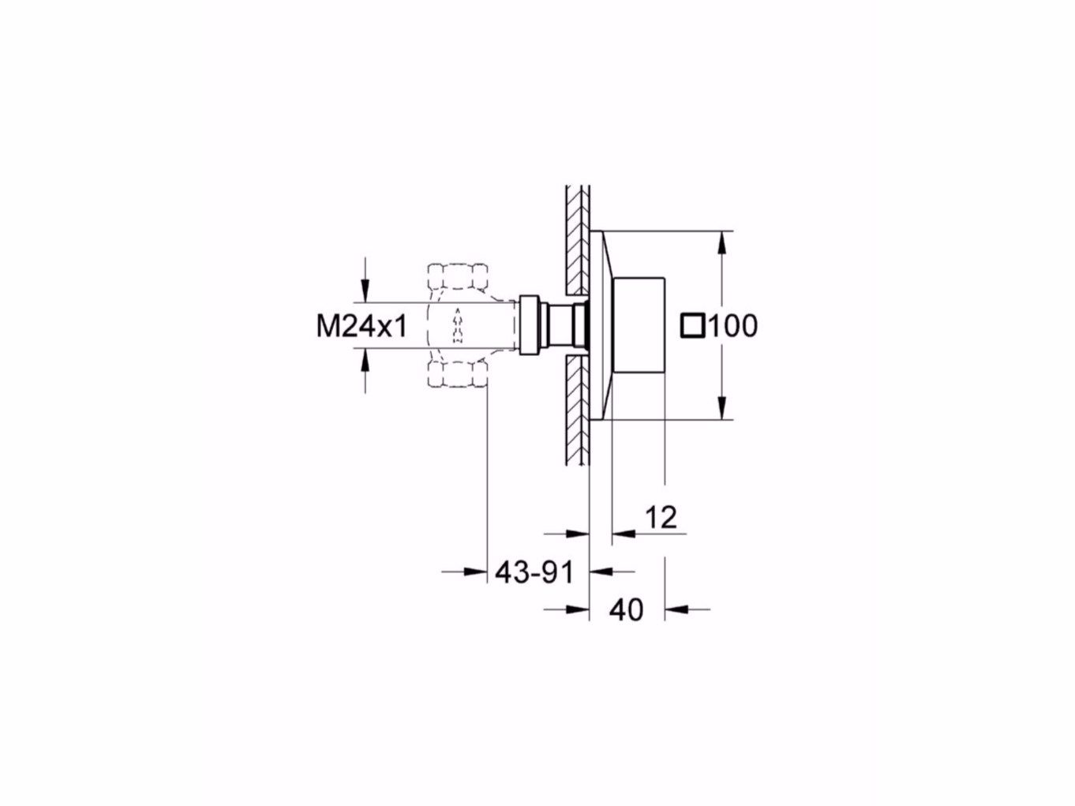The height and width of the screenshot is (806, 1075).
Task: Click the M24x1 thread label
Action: (x=361, y=325)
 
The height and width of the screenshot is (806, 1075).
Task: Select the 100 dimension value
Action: (x=732, y=325)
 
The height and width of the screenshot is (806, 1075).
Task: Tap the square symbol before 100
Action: (x=692, y=325)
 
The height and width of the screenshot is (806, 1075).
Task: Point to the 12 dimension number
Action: (x=661, y=518)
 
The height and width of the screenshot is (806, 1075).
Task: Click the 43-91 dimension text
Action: (x=534, y=572)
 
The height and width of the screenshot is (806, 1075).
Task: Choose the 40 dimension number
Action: (x=627, y=609)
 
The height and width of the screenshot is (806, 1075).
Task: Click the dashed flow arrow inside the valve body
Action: (x=456, y=326)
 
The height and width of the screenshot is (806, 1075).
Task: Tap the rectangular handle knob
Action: (x=640, y=325)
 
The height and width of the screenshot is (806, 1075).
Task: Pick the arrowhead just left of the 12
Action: (x=624, y=533)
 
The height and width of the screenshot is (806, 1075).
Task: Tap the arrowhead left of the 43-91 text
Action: (x=474, y=572)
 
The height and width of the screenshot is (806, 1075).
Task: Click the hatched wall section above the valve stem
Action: (x=577, y=237)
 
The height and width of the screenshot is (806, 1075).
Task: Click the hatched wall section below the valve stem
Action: (x=577, y=410)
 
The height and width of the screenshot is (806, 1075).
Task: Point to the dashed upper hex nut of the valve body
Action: (x=457, y=279)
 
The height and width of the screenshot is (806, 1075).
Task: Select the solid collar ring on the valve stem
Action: (x=528, y=324)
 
